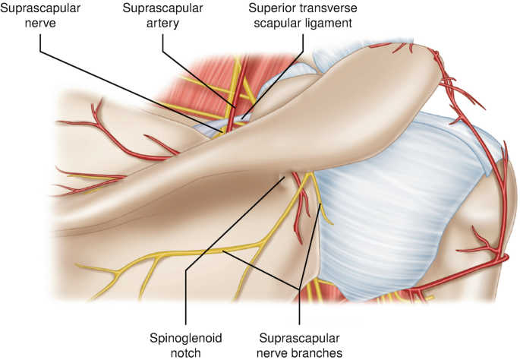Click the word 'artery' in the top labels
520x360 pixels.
pyautogui.click(x=164, y=24)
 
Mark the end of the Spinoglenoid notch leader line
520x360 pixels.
pyautogui.click(x=285, y=177)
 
